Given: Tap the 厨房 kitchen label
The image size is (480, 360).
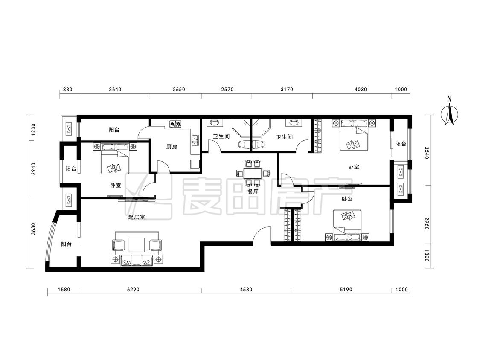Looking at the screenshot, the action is point(172,147).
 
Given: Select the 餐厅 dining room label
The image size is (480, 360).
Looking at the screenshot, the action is point(253,192).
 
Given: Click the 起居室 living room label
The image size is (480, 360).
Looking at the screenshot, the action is point(137,217).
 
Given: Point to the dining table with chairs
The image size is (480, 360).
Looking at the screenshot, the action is point(253,173).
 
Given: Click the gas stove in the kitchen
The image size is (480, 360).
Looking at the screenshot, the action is point(176,124).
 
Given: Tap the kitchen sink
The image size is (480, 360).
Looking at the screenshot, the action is point(195,140).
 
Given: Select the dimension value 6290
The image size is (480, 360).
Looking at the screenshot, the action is point(133,289).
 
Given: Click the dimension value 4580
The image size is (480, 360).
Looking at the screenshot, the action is point(246,289).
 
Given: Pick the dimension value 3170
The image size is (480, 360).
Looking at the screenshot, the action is point(287,90).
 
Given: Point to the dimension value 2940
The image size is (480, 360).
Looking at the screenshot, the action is point(33,168).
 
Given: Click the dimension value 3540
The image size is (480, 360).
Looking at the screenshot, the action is point(427,153).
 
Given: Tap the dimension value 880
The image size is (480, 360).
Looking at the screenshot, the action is point(67,90).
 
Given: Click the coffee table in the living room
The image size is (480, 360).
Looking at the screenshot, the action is point(137,245).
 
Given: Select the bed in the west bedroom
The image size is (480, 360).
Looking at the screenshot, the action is point(115,158).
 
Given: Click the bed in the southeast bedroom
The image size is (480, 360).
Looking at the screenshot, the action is point(347,225).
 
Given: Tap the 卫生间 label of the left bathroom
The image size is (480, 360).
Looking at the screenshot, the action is point(221,136).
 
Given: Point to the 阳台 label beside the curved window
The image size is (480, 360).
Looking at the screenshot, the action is point(66,244).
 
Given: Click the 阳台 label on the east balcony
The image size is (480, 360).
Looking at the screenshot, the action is point(400,144).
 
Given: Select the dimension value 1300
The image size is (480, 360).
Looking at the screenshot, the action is point(427,255).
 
